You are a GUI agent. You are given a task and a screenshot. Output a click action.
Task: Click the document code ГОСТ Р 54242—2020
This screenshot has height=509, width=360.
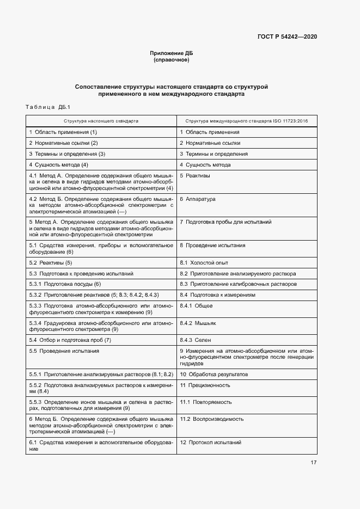click(287, 37)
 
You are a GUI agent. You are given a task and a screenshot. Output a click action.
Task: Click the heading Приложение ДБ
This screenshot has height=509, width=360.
click(172, 53)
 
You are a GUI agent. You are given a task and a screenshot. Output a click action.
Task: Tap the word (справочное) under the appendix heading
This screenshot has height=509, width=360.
click(172, 60)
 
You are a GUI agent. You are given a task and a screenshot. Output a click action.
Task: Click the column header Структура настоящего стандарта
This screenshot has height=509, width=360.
click(101, 121)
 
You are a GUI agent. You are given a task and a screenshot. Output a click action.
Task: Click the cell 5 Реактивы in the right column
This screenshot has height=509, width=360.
click(195, 176)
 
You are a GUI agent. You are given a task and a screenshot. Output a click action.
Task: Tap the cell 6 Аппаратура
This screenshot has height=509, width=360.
click(198, 199)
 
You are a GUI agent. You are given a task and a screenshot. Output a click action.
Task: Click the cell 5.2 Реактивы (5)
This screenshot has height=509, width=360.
click(51, 262)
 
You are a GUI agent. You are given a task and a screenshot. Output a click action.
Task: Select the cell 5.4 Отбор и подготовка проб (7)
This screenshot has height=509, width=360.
click(70, 340)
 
